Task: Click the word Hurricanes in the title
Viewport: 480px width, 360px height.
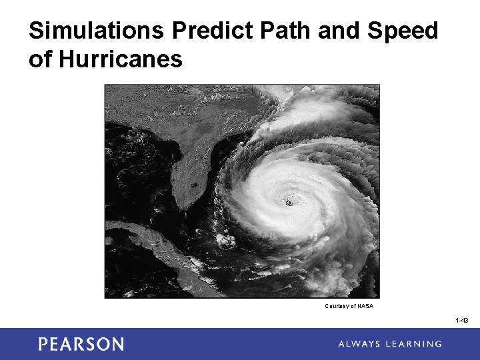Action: pyautogui.click(x=121, y=59)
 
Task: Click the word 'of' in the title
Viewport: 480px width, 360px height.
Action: pyautogui.click(x=40, y=59)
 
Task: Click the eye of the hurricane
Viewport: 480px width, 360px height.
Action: pyautogui.click(x=289, y=202)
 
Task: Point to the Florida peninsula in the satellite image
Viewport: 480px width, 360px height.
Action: pyautogui.click(x=193, y=167)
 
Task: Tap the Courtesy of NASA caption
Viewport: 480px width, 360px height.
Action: pyautogui.click(x=349, y=306)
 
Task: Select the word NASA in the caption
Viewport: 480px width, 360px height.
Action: pyautogui.click(x=365, y=306)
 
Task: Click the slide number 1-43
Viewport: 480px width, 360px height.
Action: pyautogui.click(x=462, y=321)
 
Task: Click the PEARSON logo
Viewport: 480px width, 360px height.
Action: pyautogui.click(x=81, y=344)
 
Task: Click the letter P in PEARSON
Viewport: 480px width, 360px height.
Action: pyautogui.click(x=43, y=344)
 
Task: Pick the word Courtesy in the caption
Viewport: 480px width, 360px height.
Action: pyautogui.click(x=336, y=306)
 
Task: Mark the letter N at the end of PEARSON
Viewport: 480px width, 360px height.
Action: pyautogui.click(x=117, y=344)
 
